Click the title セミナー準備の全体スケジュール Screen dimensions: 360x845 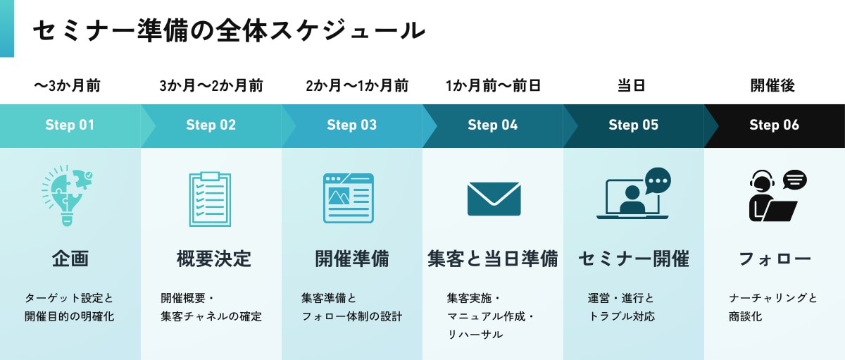point(229,30)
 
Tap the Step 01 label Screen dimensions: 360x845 point(70,125)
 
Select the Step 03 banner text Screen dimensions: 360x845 point(351,125)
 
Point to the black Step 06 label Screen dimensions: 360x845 point(774,125)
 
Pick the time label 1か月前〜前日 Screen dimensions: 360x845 point(493,87)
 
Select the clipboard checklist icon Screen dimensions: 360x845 point(210,199)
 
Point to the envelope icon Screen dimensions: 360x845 point(494,199)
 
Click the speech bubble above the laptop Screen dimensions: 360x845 point(658,180)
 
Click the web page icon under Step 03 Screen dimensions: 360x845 point(349,198)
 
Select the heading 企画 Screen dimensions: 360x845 point(70,259)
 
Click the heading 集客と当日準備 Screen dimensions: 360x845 point(492,259)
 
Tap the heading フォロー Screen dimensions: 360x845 point(775,259)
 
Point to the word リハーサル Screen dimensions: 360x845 point(475,335)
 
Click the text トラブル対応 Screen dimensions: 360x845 point(622,316)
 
